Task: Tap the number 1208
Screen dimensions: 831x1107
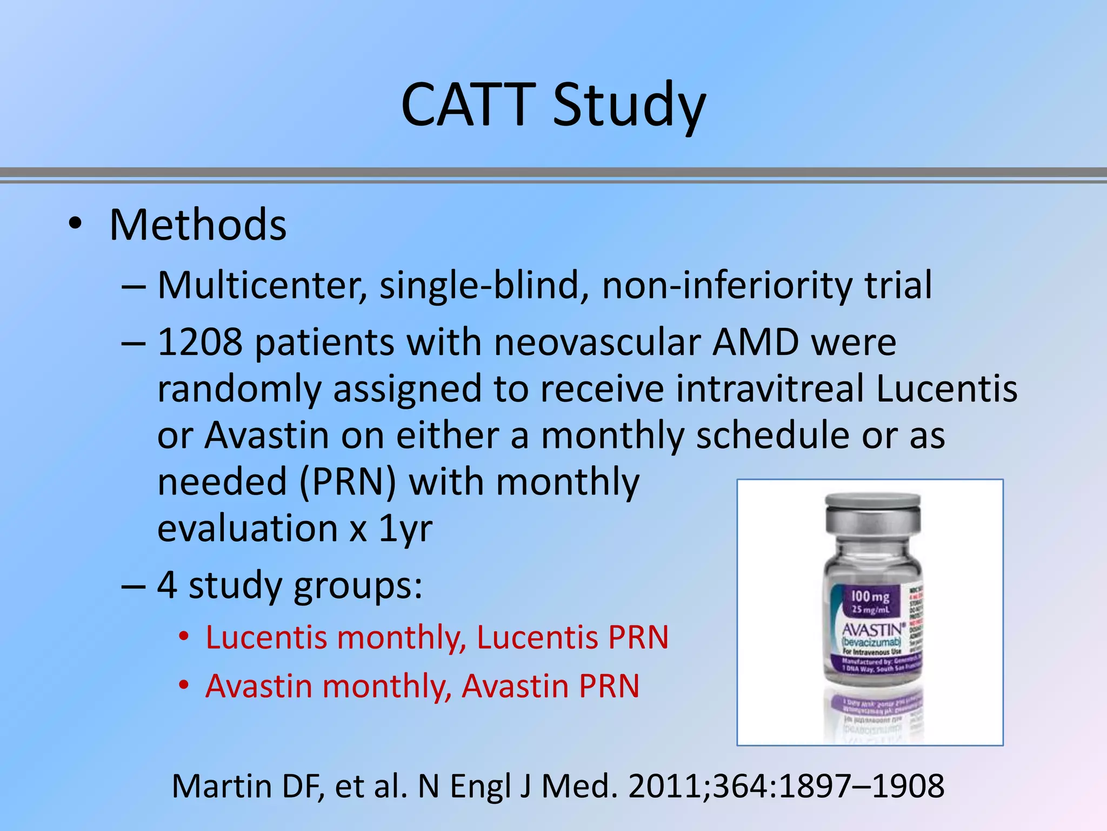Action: click(200, 342)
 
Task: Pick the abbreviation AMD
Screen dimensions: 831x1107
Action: click(755, 342)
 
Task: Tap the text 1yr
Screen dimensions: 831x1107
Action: click(405, 529)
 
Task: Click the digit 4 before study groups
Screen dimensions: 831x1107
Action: click(167, 585)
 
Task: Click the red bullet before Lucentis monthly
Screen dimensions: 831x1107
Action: click(184, 637)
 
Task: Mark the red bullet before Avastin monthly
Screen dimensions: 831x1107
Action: click(184, 685)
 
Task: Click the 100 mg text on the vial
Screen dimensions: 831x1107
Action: click(870, 597)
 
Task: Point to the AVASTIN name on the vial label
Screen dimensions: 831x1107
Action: click(872, 630)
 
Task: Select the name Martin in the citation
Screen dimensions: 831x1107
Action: click(222, 786)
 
